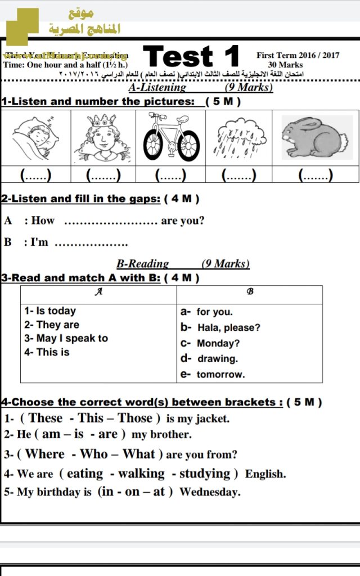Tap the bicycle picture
click(x=171, y=137)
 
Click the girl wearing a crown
click(x=103, y=137)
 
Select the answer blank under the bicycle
click(x=170, y=175)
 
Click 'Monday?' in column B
click(x=218, y=343)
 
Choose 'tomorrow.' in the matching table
click(x=220, y=374)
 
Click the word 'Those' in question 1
click(x=135, y=418)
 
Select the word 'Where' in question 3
click(x=46, y=454)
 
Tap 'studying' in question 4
click(x=205, y=474)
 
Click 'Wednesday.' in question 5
click(x=210, y=492)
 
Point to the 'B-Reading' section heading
click(x=142, y=264)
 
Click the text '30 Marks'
click(x=285, y=65)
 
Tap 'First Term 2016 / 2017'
click(x=298, y=55)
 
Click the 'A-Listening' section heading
click(x=157, y=88)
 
